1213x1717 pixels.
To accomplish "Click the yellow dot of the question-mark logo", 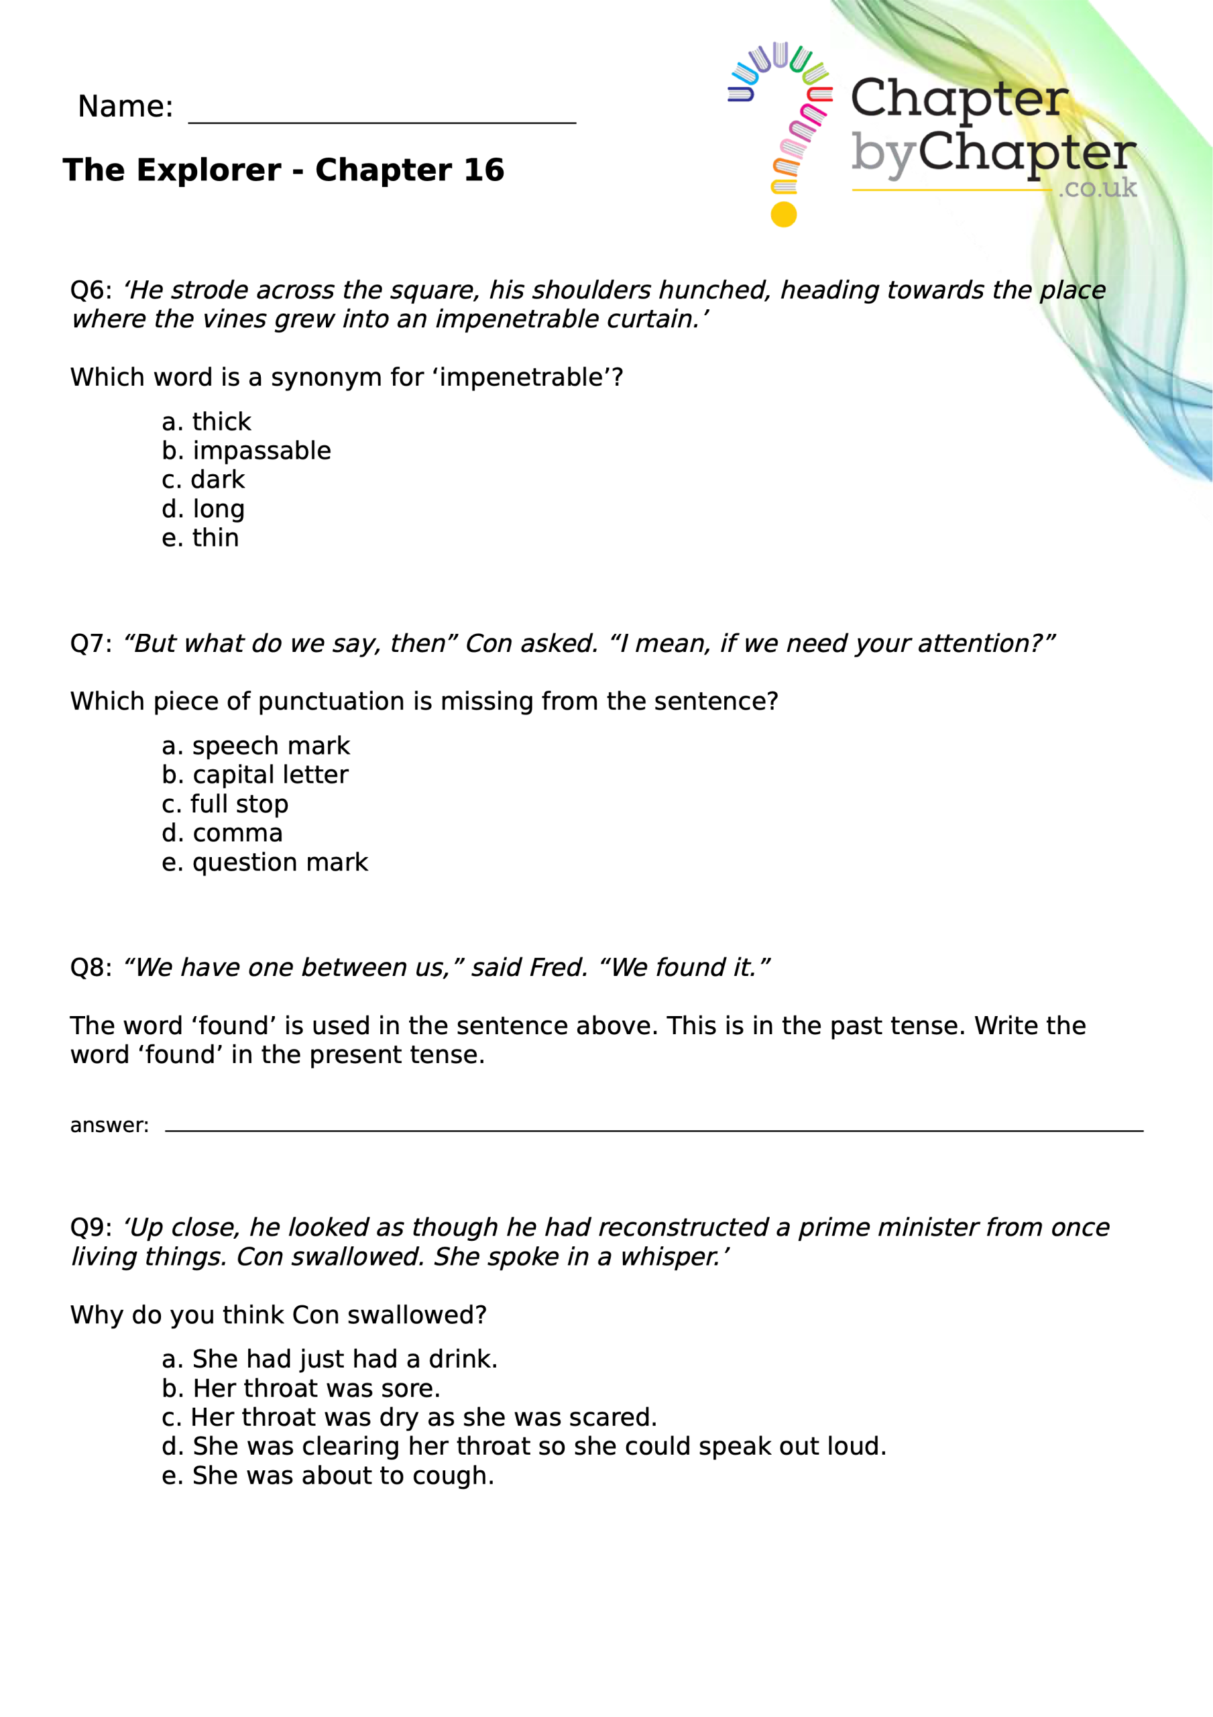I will (783, 215).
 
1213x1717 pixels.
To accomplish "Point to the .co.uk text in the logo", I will (1097, 188).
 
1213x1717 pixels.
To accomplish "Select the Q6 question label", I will (91, 290).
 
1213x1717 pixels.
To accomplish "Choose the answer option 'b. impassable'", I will (246, 451).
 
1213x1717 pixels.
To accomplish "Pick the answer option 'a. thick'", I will (207, 422).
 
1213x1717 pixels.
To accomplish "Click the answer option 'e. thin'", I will (200, 538).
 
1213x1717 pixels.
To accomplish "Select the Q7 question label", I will (91, 643).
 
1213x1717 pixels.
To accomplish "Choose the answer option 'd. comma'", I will (222, 833).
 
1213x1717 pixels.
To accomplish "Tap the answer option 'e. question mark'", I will (265, 863).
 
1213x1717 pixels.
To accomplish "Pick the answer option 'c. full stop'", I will (225, 804).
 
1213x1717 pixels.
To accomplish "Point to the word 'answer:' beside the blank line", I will (109, 1125).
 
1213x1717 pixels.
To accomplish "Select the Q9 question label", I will (91, 1228).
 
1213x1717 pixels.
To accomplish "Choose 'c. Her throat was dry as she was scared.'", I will (409, 1417).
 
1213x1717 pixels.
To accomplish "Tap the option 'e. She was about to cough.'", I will (327, 1476).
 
